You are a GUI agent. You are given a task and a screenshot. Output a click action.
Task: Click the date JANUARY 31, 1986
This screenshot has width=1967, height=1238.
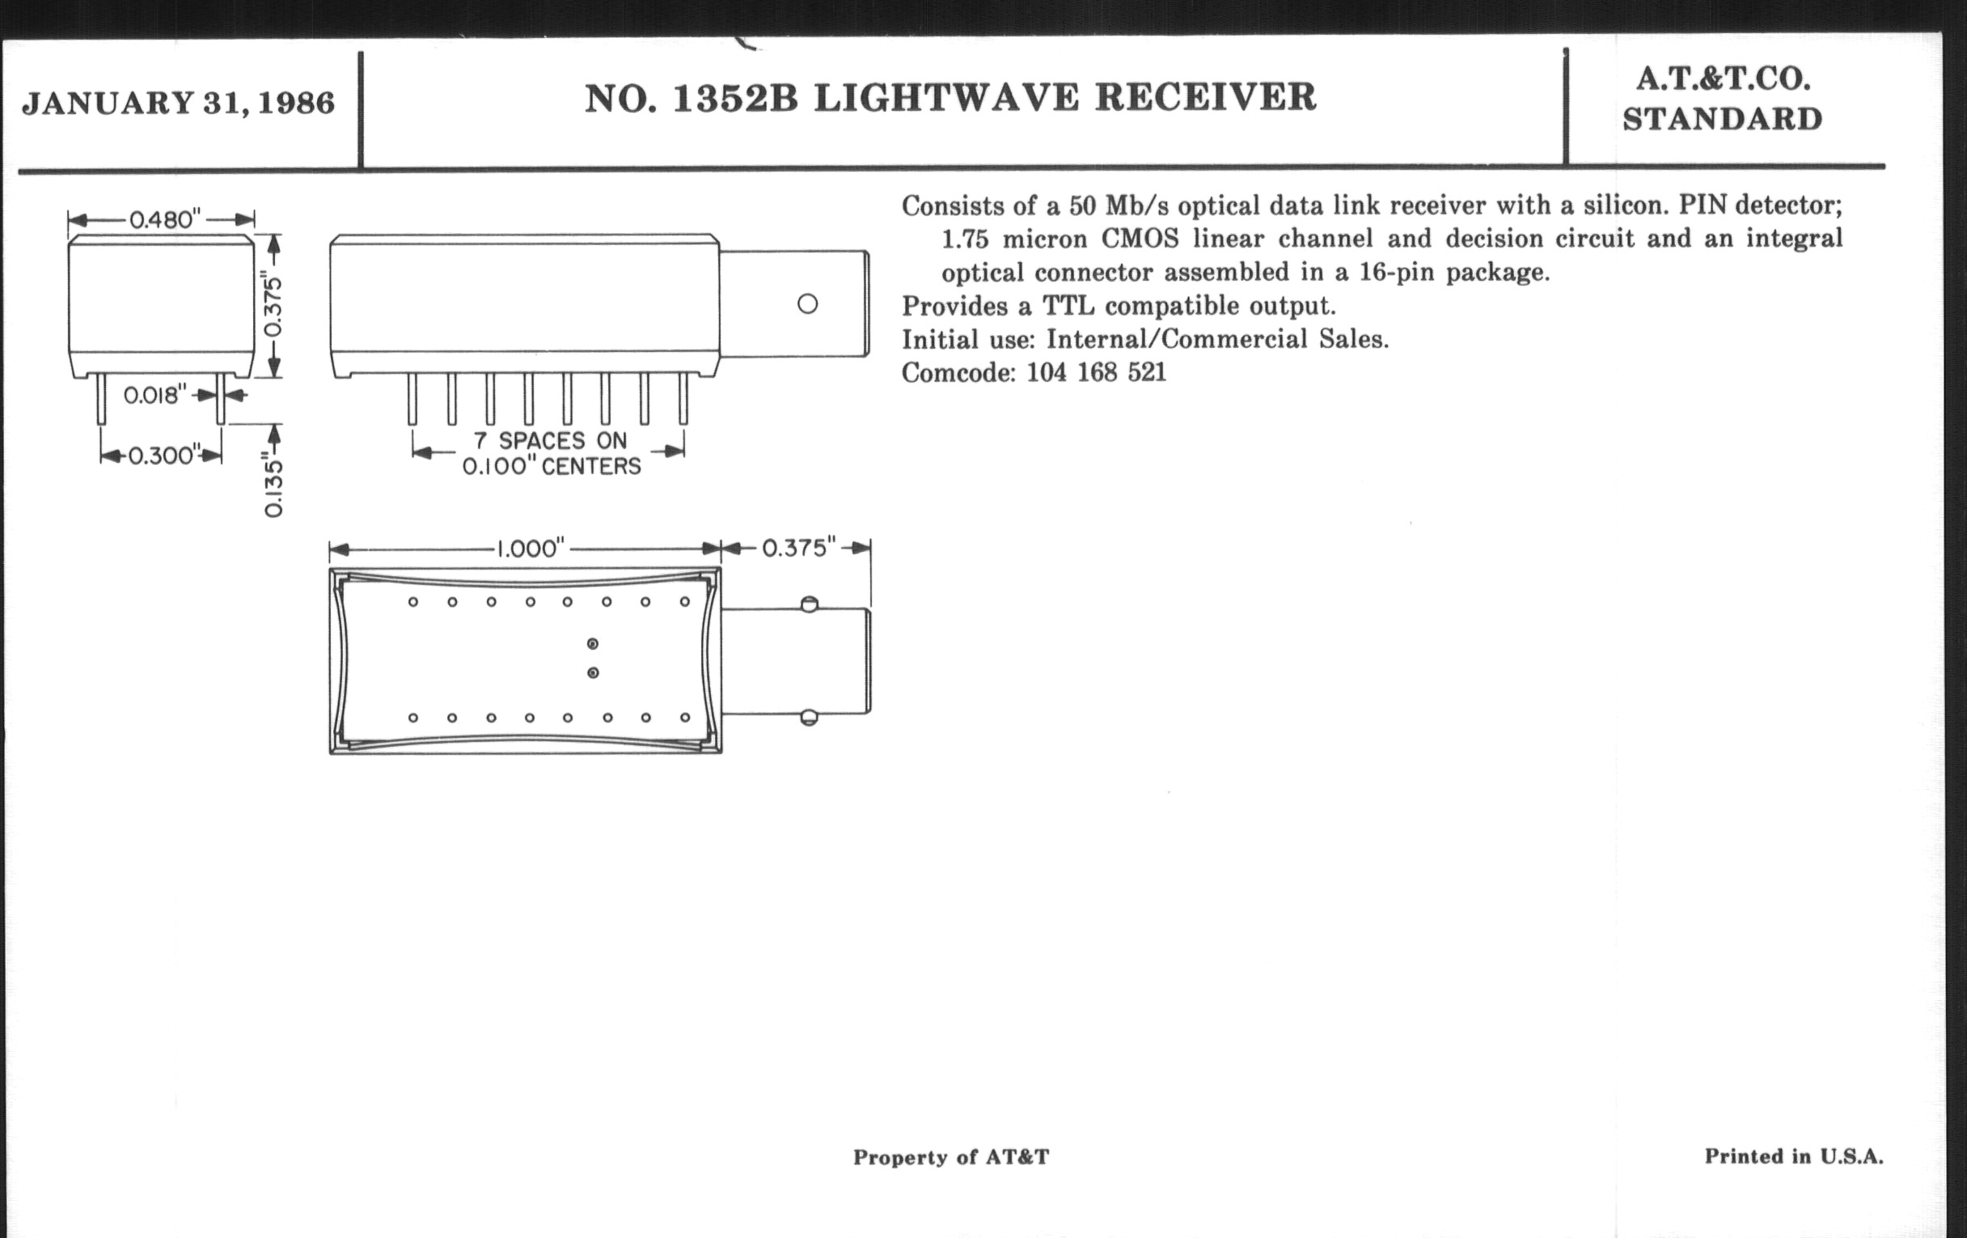pyautogui.click(x=178, y=103)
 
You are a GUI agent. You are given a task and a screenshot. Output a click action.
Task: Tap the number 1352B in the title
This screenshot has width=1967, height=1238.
pyautogui.click(x=734, y=98)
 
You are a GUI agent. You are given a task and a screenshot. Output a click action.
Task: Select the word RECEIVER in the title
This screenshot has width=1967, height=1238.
pyautogui.click(x=1205, y=97)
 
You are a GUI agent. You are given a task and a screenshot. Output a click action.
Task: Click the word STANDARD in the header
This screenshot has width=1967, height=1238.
pyautogui.click(x=1722, y=119)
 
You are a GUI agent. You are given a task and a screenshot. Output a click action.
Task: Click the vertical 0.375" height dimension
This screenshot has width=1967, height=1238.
pyautogui.click(x=274, y=307)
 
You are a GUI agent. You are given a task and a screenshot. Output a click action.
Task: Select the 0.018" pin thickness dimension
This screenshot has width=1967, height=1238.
pyautogui.click(x=155, y=396)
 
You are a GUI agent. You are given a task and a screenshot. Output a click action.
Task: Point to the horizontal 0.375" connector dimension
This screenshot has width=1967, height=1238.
pyautogui.click(x=799, y=548)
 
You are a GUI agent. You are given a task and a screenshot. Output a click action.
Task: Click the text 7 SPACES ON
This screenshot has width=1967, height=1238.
pyautogui.click(x=550, y=441)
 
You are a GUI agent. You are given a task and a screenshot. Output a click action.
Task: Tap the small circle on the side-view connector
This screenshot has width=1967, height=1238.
pyautogui.click(x=807, y=304)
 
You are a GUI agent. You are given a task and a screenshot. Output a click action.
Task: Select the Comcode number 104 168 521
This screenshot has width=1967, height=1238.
pyautogui.click(x=1096, y=373)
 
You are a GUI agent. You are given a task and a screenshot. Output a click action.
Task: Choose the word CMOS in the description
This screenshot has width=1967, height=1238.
pyautogui.click(x=1140, y=239)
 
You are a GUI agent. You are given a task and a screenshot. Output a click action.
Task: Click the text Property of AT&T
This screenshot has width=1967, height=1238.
pyautogui.click(x=951, y=1157)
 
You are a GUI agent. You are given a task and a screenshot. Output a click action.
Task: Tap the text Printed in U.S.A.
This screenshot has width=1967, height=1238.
pyautogui.click(x=1794, y=1156)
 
